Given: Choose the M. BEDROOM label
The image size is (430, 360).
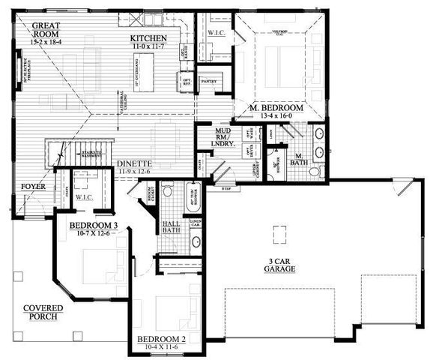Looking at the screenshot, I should coord(276,108).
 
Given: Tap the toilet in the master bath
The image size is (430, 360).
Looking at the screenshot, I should coord(315,172).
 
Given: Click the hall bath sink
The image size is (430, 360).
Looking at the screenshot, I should coord(195,241).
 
